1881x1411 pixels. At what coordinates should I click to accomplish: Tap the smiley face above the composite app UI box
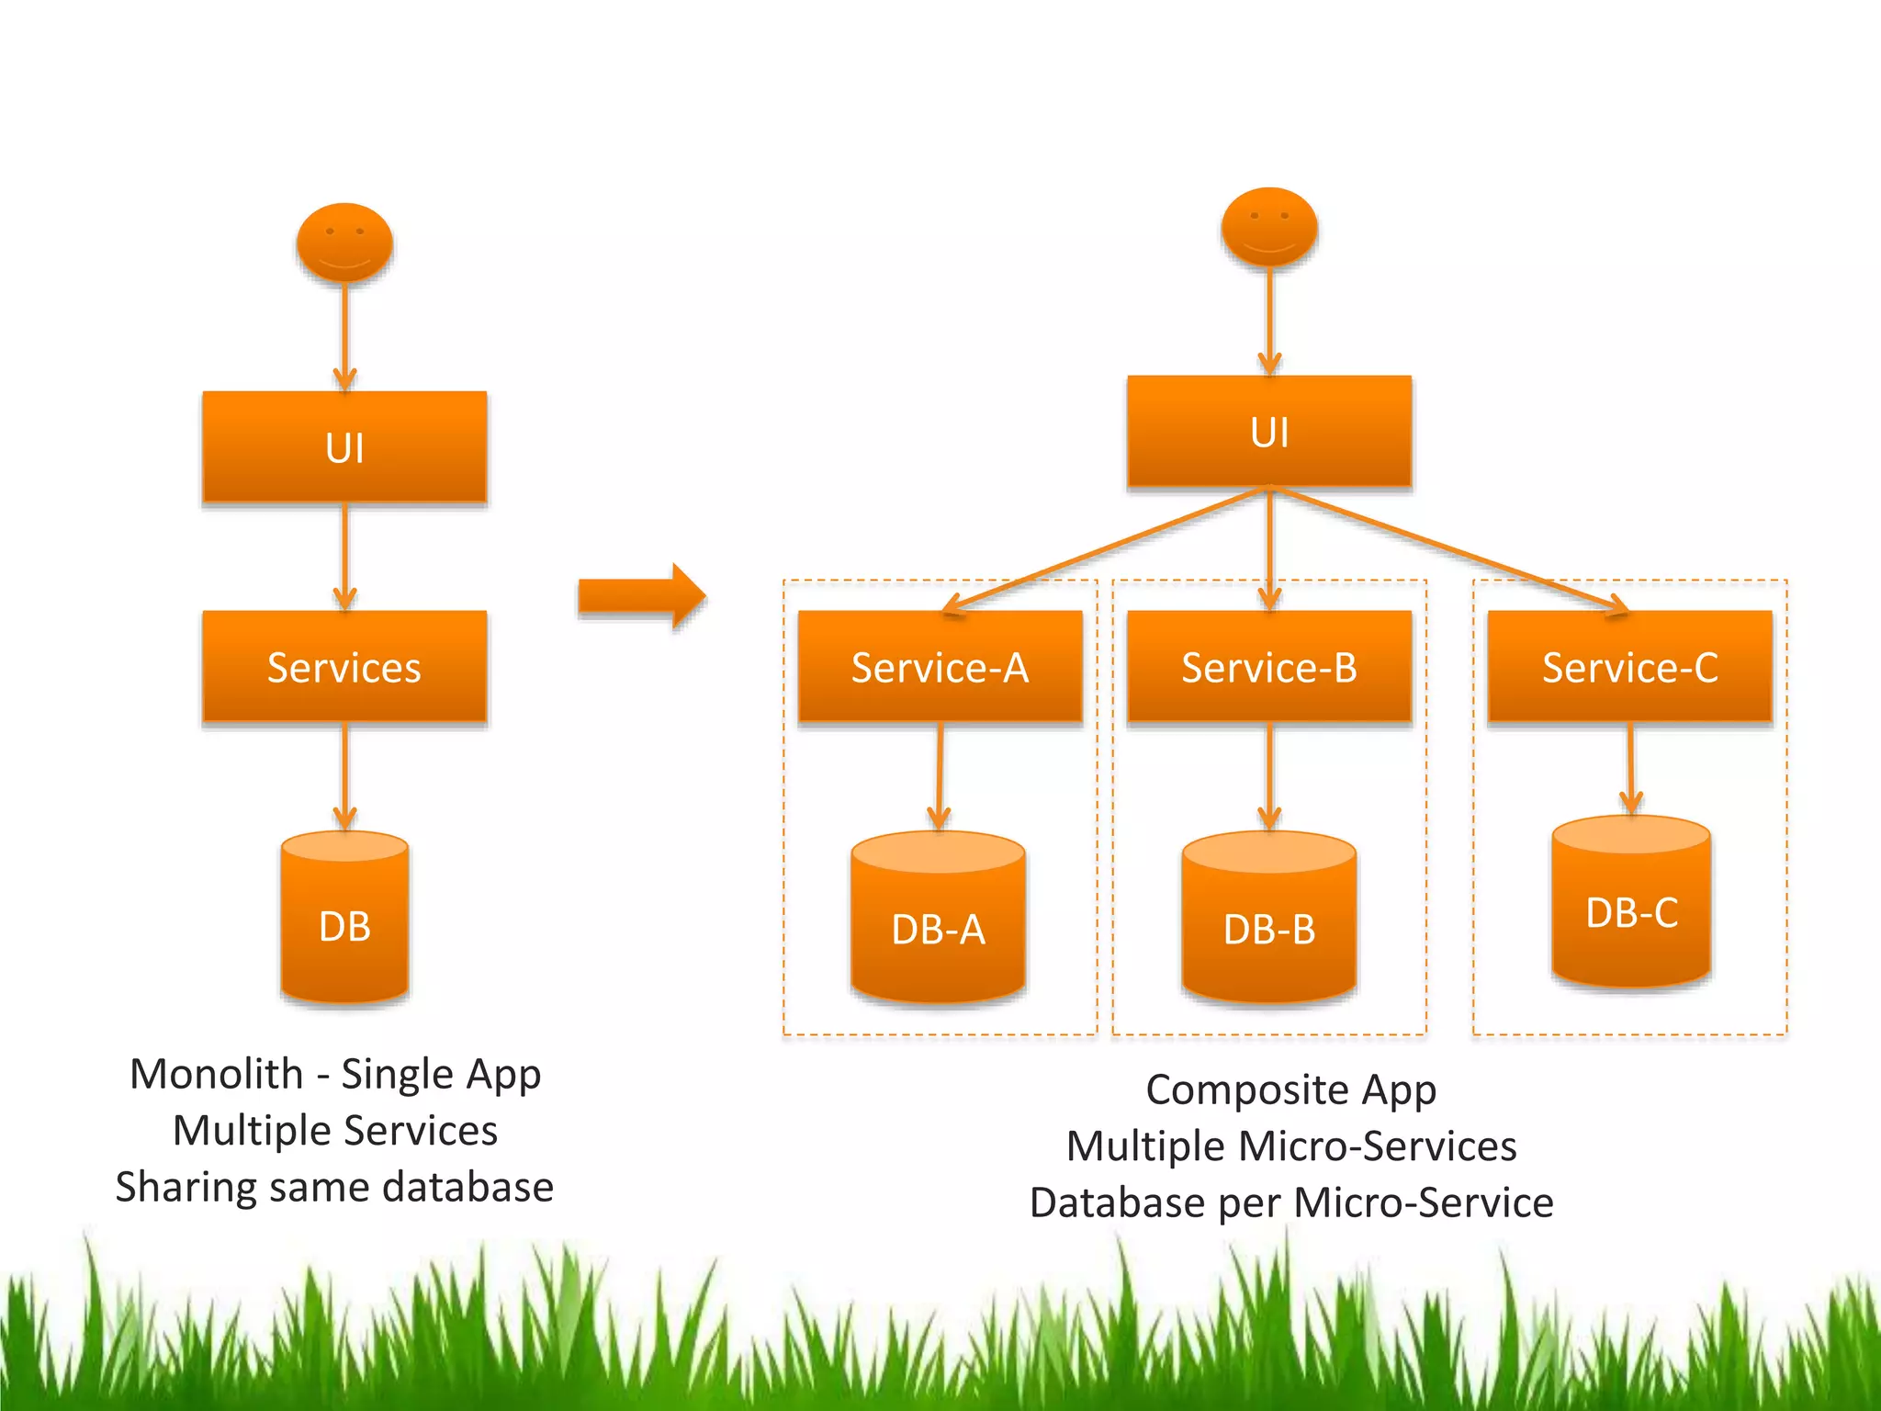coord(1269,227)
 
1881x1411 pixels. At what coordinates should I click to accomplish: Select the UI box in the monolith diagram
coord(344,447)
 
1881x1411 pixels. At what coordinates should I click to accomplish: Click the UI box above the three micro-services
coord(1269,431)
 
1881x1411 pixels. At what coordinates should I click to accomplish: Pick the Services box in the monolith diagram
coord(344,667)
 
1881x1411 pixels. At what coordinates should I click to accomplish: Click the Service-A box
coord(940,667)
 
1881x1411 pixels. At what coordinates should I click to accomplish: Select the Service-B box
coord(1269,667)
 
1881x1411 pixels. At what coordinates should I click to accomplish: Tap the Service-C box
coord(1629,667)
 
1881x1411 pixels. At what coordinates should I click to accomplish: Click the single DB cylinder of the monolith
coord(344,919)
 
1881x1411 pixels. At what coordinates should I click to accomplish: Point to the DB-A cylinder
coord(938,919)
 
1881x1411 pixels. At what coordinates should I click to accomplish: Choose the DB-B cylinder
coord(1269,919)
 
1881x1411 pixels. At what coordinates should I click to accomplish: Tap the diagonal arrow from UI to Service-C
coord(1451,551)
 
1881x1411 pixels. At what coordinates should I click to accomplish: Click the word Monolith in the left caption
coord(217,1074)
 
